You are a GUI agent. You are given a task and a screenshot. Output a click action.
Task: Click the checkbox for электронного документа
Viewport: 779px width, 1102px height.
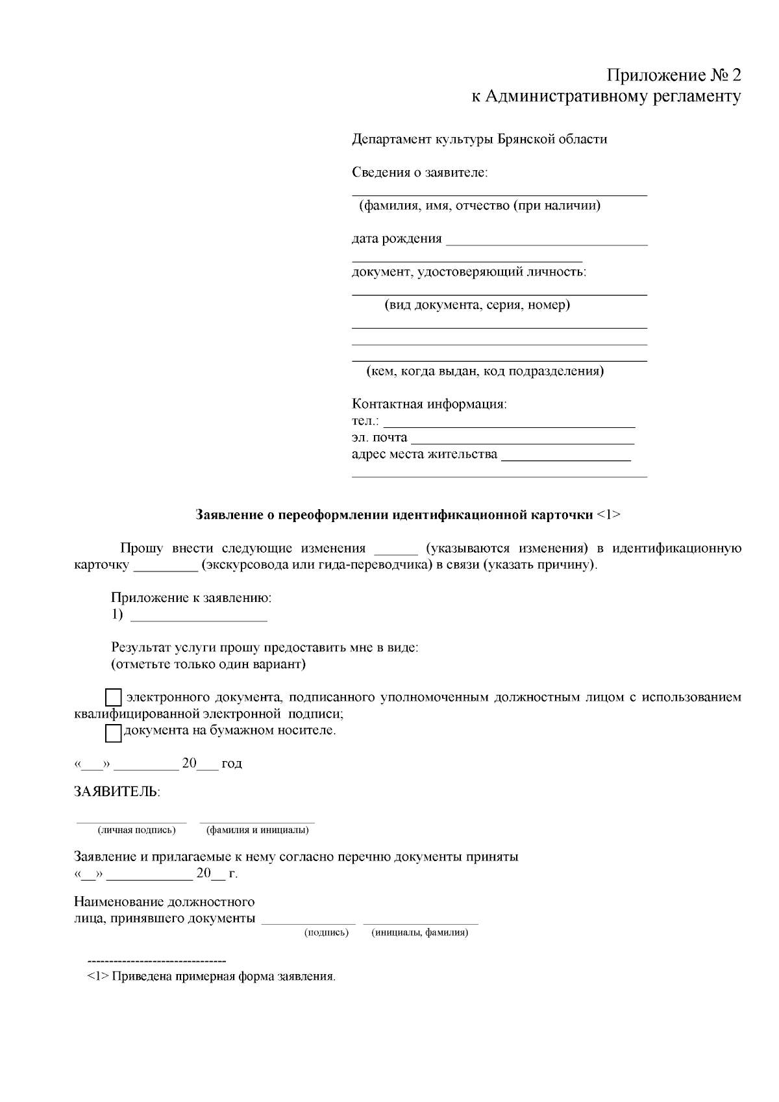tap(114, 698)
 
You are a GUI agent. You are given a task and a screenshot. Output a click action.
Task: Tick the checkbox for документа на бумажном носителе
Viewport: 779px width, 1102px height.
tap(114, 733)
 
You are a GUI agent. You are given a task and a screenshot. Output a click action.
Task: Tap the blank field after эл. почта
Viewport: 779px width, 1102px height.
tap(523, 439)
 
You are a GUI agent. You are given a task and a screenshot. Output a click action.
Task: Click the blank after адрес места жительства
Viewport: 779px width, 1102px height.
tap(566, 456)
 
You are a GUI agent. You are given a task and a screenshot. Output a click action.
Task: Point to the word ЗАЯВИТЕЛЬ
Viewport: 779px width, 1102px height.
tap(117, 792)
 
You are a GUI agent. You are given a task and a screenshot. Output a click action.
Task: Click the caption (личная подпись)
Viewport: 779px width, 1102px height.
tap(136, 830)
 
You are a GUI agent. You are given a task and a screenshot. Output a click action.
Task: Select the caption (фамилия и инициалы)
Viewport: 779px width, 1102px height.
tap(257, 830)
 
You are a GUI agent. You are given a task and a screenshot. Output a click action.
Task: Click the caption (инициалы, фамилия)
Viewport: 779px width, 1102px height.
tap(419, 933)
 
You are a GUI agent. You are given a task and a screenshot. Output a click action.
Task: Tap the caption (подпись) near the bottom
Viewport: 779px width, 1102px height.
tap(327, 933)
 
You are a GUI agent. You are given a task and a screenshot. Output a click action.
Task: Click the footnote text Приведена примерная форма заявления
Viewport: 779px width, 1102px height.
tap(224, 977)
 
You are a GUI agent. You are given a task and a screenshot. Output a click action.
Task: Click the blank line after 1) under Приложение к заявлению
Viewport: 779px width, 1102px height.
tap(199, 616)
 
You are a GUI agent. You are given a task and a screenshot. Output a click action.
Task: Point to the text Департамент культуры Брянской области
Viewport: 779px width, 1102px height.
tap(479, 139)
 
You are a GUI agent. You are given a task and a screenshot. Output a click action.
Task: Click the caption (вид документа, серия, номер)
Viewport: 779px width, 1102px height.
tap(477, 305)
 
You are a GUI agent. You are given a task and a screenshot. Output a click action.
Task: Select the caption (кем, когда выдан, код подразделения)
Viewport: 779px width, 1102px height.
tap(484, 371)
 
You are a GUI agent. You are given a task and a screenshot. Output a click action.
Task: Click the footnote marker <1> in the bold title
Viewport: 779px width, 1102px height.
tap(608, 515)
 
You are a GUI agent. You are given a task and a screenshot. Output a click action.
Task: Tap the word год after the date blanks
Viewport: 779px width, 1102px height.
tap(232, 764)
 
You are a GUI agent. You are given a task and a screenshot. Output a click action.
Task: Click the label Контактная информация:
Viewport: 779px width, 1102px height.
tap(429, 404)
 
